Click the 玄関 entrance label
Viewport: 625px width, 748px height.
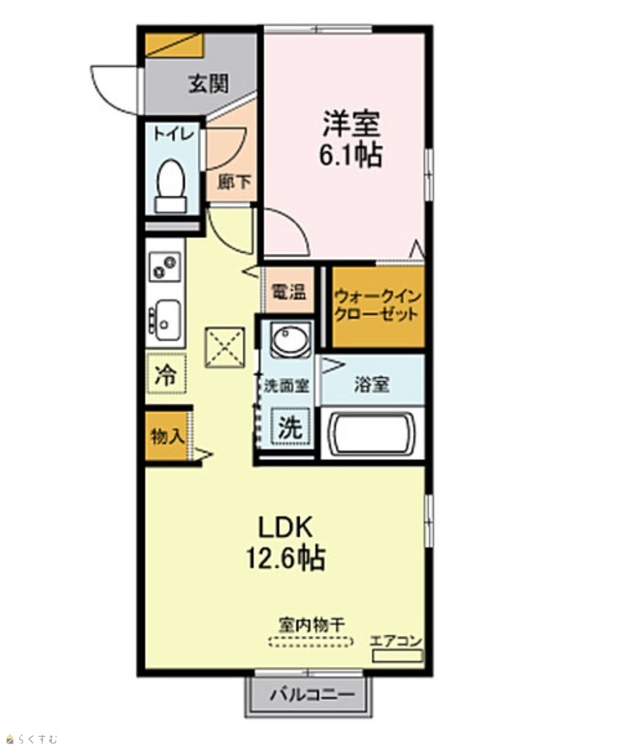pos(209,84)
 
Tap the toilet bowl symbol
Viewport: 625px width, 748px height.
pos(170,186)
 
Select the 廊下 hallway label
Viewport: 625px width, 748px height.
pos(234,181)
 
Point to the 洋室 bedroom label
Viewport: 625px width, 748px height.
pos(352,123)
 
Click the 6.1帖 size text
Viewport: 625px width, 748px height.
pos(350,155)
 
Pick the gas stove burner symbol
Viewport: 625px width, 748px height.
pos(165,266)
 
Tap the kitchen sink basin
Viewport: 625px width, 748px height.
pos(165,321)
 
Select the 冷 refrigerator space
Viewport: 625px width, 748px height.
pos(166,374)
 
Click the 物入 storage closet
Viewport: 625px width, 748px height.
pos(167,435)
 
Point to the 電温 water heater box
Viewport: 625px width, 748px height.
pos(289,291)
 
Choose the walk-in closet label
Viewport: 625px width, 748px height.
pos(377,306)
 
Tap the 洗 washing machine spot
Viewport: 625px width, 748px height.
pos(290,427)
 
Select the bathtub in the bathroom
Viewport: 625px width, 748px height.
pos(372,434)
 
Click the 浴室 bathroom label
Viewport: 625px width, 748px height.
pos(371,384)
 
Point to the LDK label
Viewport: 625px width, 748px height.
pos(285,528)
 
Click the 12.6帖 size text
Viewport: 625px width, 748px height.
pos(285,557)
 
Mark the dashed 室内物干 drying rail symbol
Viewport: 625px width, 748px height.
pos(311,642)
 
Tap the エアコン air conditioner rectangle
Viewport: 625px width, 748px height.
pos(397,656)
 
